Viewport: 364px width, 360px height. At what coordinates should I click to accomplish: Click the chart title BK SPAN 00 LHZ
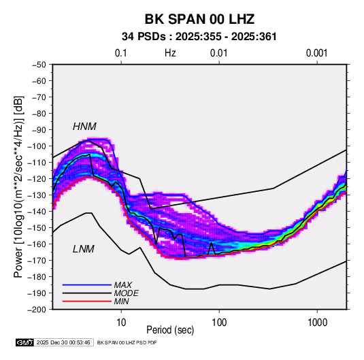pyautogui.click(x=199, y=19)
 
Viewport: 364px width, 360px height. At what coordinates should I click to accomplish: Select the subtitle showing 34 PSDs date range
pyautogui.click(x=199, y=37)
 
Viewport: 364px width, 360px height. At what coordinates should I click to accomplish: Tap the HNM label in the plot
pyautogui.click(x=84, y=127)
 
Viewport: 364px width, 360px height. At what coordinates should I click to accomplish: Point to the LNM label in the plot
pyautogui.click(x=84, y=249)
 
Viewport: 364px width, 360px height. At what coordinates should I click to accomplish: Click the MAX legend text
pyautogui.click(x=123, y=285)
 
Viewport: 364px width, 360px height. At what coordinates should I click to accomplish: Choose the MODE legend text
pyautogui.click(x=127, y=293)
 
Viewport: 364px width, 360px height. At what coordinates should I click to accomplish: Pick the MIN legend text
pyautogui.click(x=121, y=301)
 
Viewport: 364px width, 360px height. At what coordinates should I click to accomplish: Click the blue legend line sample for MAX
pyautogui.click(x=87, y=285)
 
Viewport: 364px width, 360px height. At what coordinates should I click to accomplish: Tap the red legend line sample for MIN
pyautogui.click(x=87, y=301)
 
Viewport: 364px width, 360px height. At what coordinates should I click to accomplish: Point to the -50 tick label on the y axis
pyautogui.click(x=39, y=65)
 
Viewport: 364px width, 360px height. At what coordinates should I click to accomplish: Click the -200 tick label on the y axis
pyautogui.click(x=37, y=310)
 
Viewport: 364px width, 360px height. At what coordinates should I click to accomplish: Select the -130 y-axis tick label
pyautogui.click(x=37, y=195)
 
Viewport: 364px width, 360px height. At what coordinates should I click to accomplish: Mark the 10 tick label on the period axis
pyautogui.click(x=121, y=323)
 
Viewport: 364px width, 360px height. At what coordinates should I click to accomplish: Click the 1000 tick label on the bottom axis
pyautogui.click(x=317, y=323)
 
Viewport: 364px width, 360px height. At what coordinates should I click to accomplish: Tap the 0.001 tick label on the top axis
pyautogui.click(x=317, y=53)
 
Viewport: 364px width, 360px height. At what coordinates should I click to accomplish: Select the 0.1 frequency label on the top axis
pyautogui.click(x=121, y=53)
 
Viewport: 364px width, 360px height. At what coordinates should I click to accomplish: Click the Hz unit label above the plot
pyautogui.click(x=170, y=53)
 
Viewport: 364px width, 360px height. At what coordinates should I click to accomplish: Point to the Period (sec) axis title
pyautogui.click(x=170, y=330)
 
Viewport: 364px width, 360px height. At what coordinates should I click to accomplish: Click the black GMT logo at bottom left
pyautogui.click(x=25, y=342)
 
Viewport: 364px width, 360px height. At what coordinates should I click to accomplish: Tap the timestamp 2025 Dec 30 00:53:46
pyautogui.click(x=63, y=342)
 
